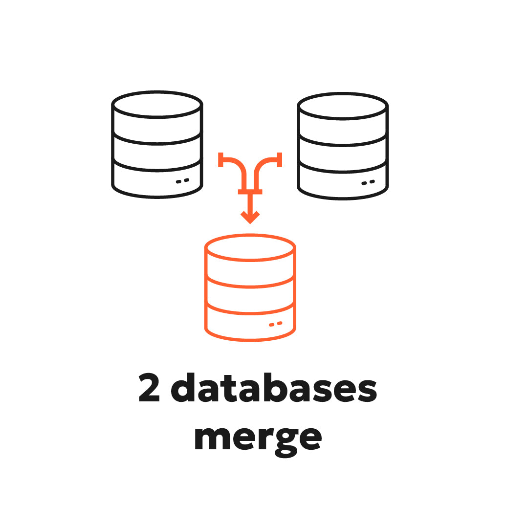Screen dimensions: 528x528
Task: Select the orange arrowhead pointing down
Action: [x=250, y=217]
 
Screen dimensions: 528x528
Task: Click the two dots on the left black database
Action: [x=182, y=181]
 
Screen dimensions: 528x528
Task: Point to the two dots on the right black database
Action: [x=368, y=182]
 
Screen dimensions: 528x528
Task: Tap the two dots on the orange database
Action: [x=275, y=324]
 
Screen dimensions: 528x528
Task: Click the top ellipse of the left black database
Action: [x=157, y=104]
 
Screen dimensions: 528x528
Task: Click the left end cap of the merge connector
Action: [x=220, y=159]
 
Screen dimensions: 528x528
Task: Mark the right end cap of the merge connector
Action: [x=280, y=159]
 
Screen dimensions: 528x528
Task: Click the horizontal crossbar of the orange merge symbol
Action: [x=250, y=191]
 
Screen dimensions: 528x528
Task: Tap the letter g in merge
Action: [x=286, y=442]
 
